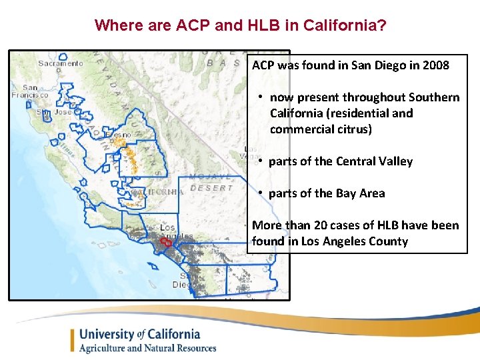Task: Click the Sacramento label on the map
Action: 61,64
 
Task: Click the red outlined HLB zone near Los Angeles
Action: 165,241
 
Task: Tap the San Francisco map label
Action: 29,91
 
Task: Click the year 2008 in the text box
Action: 435,65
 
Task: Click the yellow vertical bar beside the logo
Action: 73,340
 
